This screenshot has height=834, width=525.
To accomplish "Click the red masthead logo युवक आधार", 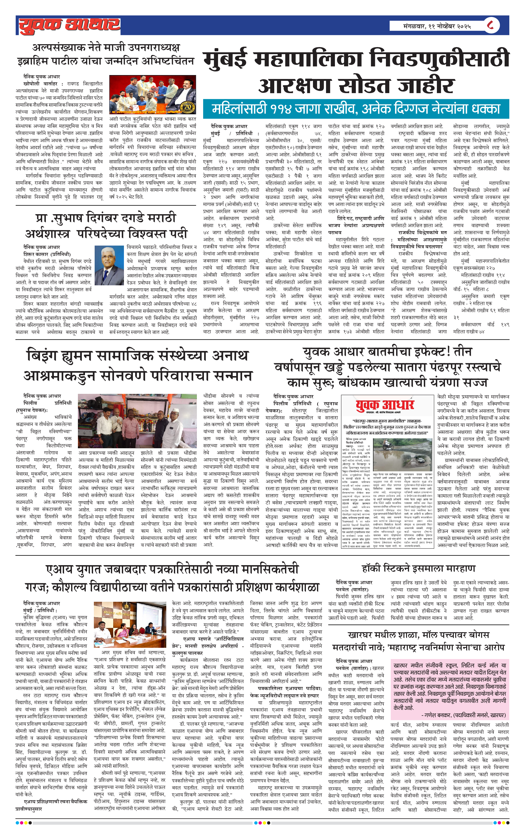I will click(x=69, y=25).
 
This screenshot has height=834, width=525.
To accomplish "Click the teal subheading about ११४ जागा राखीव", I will click(x=356, y=109).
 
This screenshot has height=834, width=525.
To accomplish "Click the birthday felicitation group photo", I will click(x=152, y=95).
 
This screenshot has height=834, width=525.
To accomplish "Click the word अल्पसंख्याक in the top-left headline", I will click(x=60, y=47).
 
